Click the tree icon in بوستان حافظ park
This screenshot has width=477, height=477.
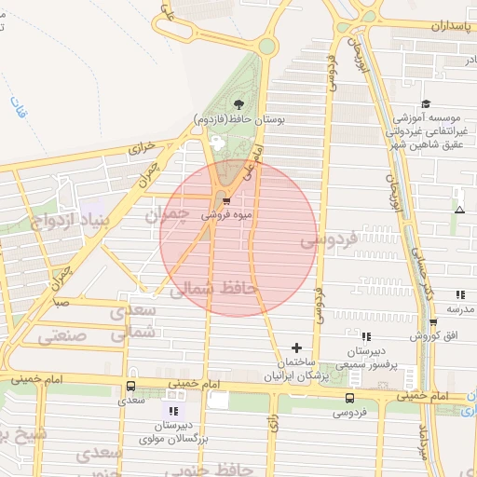tap(238, 104)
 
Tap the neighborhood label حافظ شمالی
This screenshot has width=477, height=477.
tap(211, 291)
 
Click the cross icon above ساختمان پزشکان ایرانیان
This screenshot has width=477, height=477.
tap(297, 347)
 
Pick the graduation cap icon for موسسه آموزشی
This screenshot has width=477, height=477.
tap(426, 103)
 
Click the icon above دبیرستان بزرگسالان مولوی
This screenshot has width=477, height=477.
tap(172, 409)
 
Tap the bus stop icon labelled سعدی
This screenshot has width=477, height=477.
tap(130, 386)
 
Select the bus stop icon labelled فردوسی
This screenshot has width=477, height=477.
tap(349, 398)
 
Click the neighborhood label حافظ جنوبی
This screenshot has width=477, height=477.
tap(224, 468)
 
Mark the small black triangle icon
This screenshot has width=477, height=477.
tap(458, 209)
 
